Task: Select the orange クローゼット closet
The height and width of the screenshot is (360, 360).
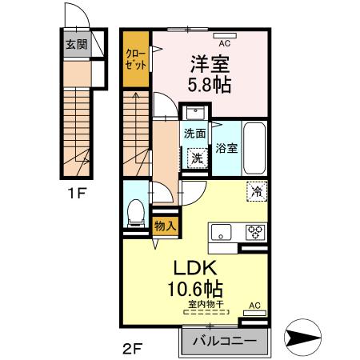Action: [x=135, y=60]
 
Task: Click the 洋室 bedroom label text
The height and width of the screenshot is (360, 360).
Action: [x=205, y=62]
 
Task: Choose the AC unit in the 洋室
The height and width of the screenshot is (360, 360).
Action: [x=224, y=35]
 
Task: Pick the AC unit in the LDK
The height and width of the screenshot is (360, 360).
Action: [x=254, y=306]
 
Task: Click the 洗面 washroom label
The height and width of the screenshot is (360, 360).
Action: [x=195, y=134]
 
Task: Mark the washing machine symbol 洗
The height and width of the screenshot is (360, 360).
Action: [x=197, y=158]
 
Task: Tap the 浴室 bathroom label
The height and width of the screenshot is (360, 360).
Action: [x=226, y=148]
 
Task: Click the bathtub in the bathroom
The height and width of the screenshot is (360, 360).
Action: [x=254, y=149]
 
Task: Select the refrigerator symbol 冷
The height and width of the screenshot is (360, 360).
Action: [x=257, y=191]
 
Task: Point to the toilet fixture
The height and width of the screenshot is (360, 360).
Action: [x=136, y=212]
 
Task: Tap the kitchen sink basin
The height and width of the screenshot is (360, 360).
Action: [x=221, y=233]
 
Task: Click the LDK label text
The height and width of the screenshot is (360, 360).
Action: [x=194, y=268]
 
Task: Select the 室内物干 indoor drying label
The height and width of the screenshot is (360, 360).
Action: [x=206, y=303]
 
